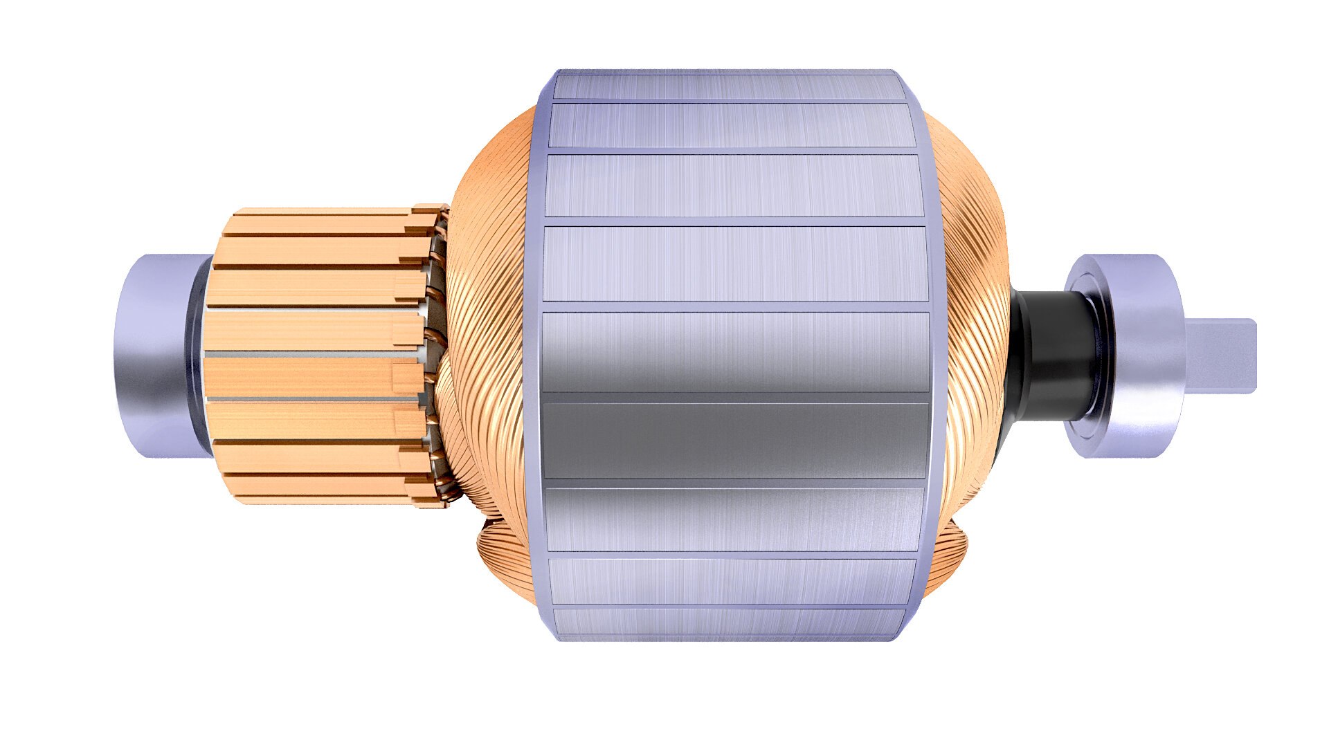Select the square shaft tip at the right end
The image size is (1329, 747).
coord(1222,356)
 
